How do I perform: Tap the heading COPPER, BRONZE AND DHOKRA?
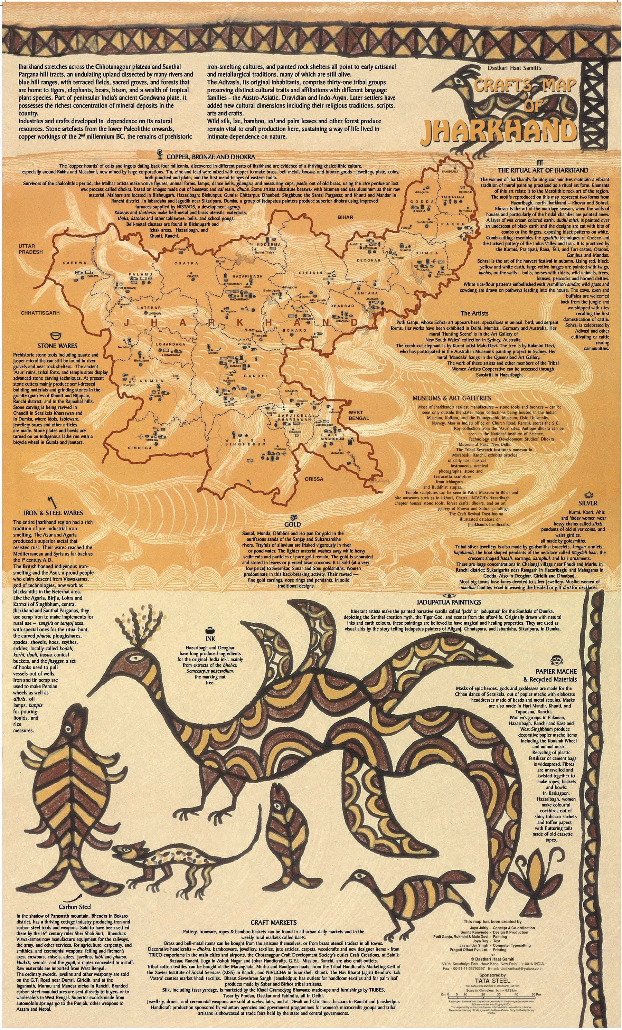(211, 157)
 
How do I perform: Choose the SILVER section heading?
(588, 503)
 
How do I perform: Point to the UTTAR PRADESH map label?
(30, 249)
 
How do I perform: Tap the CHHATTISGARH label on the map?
(40, 313)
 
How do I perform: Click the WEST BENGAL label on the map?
(359, 415)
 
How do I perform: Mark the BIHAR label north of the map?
(345, 217)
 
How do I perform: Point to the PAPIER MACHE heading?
(554, 671)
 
